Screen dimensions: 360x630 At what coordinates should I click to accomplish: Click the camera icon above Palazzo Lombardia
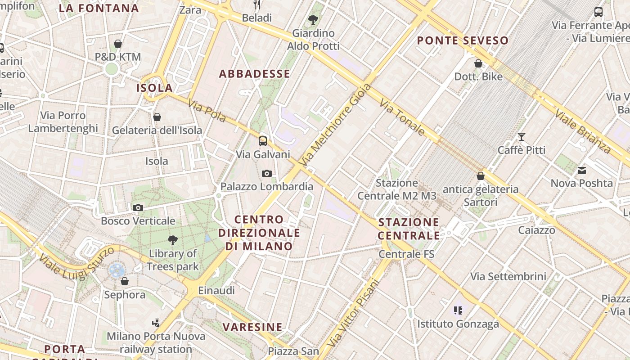click(267, 173)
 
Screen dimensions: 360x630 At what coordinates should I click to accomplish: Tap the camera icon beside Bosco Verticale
click(138, 207)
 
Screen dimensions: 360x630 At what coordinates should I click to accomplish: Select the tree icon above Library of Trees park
click(172, 240)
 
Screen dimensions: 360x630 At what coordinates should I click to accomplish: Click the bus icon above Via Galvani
click(263, 141)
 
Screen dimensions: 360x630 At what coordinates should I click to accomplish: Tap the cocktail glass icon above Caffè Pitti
click(522, 137)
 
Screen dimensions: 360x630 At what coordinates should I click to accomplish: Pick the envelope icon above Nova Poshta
click(582, 170)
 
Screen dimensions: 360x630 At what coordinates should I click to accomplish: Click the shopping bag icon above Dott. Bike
click(478, 63)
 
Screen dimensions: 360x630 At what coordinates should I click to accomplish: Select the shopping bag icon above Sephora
click(125, 281)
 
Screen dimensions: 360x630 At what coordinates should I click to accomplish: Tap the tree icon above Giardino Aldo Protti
click(313, 20)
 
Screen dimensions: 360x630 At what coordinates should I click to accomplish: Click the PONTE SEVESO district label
click(463, 40)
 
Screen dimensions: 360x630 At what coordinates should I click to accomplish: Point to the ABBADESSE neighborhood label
click(255, 74)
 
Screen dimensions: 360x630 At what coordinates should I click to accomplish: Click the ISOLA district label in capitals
click(155, 88)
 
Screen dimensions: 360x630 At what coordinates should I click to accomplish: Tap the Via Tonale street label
click(402, 117)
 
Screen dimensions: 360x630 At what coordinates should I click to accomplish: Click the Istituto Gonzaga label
click(458, 324)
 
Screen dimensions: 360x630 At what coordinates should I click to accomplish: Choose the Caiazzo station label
click(536, 230)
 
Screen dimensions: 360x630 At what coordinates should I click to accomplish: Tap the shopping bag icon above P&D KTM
click(118, 44)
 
